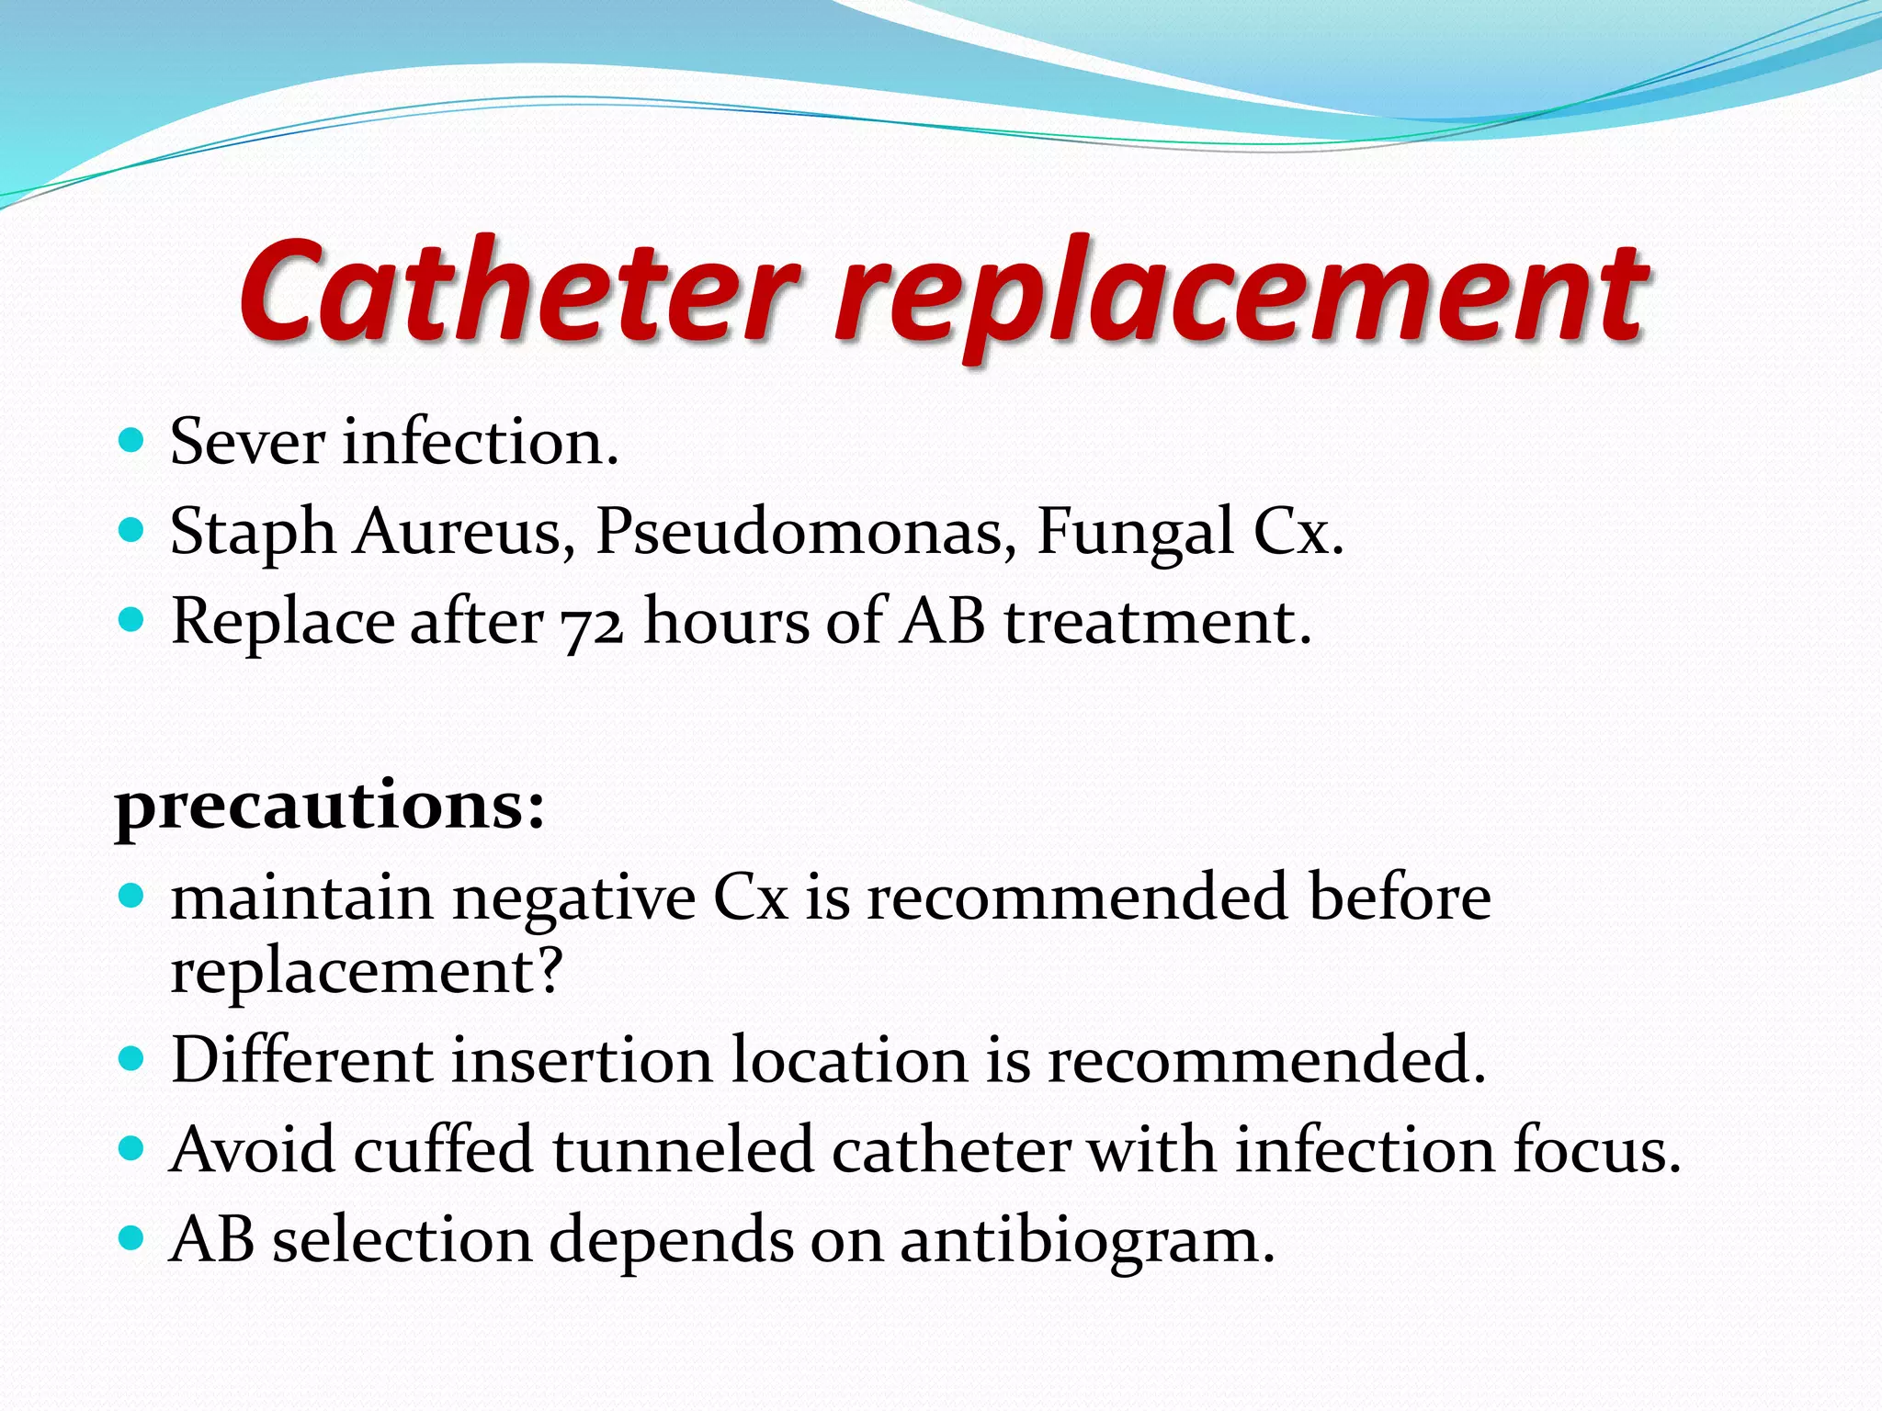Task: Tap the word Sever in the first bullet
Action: [247, 443]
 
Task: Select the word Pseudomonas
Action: [800, 532]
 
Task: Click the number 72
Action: [593, 623]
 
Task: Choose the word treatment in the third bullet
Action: [1157, 623]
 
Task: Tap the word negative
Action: [573, 898]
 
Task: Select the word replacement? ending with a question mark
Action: [366, 971]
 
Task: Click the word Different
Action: [302, 1060]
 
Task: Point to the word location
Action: [849, 1060]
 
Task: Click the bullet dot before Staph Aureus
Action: [132, 530]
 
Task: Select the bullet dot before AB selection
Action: [132, 1239]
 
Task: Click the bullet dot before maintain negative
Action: [132, 895]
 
